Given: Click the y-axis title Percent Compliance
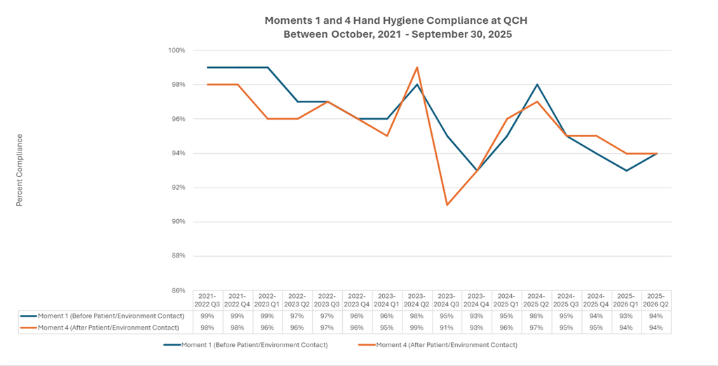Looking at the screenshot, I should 20,170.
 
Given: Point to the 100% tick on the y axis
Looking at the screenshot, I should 176,50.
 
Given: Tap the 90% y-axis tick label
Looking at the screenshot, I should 177,222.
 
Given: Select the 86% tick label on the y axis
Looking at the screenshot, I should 177,290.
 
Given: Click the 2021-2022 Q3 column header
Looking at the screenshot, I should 207,300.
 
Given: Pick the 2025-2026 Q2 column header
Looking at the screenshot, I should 657,300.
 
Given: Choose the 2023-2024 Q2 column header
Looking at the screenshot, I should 417,300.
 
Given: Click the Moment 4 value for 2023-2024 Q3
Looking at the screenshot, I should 447,327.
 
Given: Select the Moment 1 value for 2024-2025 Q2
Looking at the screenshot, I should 537,316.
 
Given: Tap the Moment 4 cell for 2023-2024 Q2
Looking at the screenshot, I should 417,327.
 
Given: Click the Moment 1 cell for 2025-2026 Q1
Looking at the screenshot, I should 627,316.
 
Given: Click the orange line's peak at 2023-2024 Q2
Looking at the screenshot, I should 417,68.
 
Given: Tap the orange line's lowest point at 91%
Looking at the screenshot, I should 447,204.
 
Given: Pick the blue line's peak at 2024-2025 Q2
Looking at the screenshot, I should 537,85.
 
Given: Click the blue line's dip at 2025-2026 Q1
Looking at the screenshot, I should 627,170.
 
